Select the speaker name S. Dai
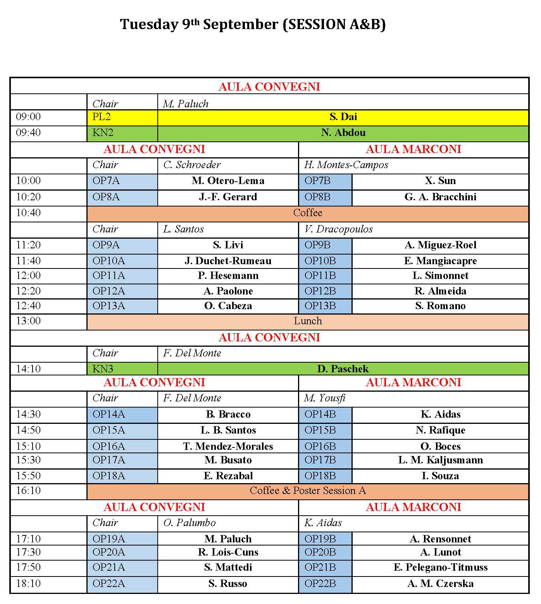(343, 117)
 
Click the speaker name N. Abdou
(343, 133)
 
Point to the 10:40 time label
(28, 213)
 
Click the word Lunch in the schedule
(308, 321)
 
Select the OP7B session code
(317, 181)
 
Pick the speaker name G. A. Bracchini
(440, 197)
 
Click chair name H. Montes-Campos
(346, 165)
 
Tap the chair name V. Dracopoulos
(338, 229)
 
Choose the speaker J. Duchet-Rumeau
(228, 261)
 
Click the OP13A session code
(109, 306)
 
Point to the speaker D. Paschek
(343, 369)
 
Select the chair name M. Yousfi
(325, 398)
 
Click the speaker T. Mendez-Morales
(228, 446)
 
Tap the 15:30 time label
(28, 460)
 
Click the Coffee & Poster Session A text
(308, 491)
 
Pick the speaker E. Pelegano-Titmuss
(440, 568)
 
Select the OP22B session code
(320, 583)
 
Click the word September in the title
(241, 24)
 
